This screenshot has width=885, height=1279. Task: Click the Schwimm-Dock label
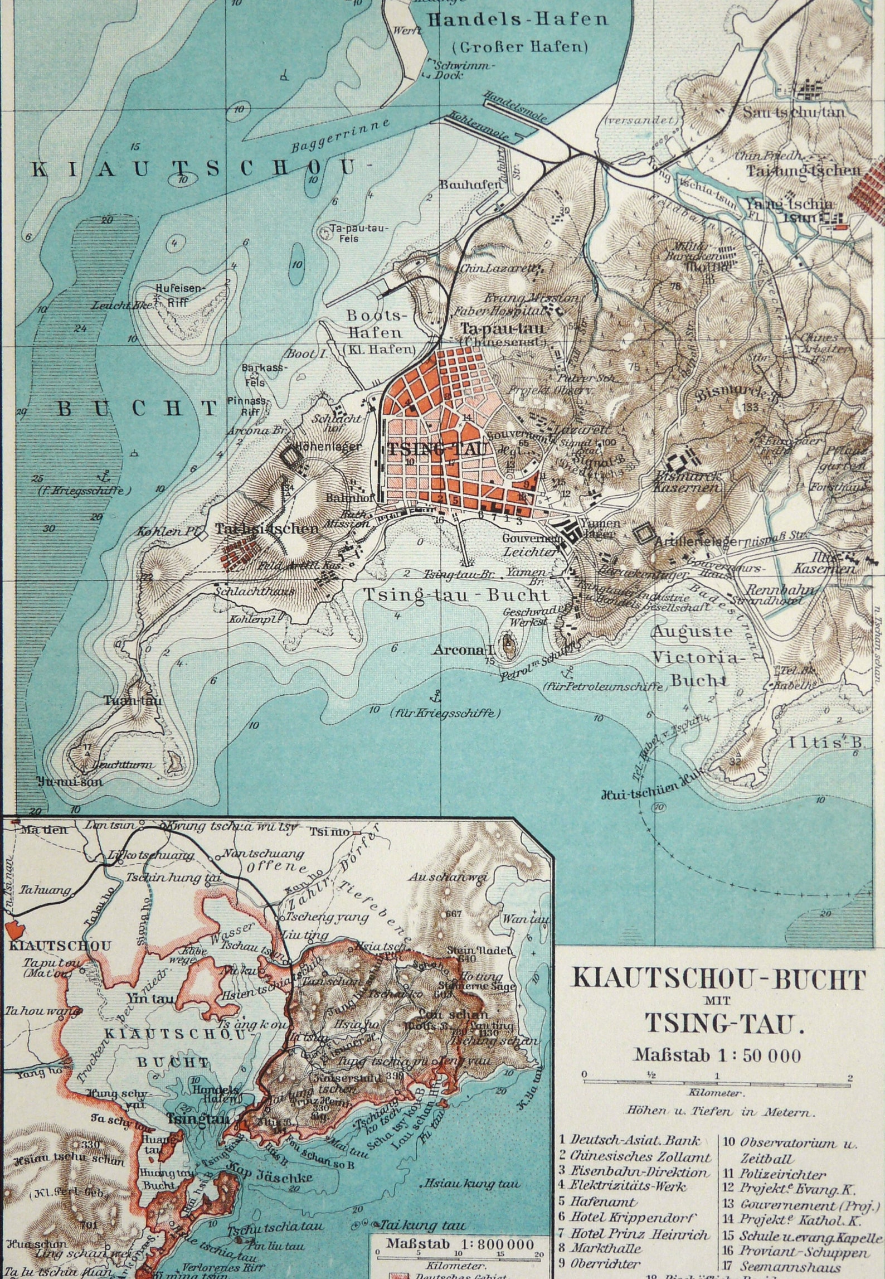tap(456, 70)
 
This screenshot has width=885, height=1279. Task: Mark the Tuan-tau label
tap(133, 700)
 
